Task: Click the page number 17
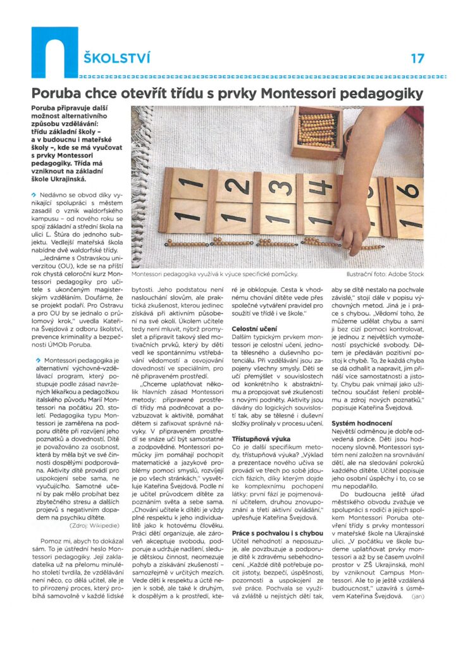[417, 59]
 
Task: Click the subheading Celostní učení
[253, 329]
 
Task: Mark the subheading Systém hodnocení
[358, 421]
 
